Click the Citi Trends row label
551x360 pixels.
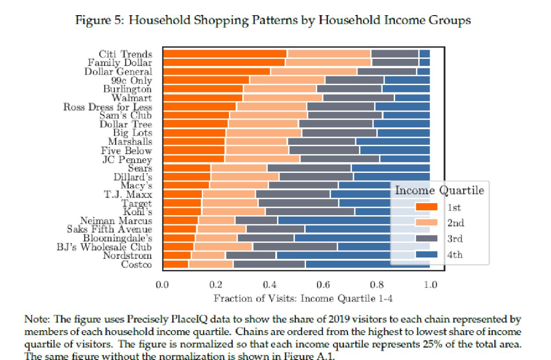(x=125, y=54)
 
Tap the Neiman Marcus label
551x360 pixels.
(x=116, y=221)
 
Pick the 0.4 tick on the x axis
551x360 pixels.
(x=269, y=285)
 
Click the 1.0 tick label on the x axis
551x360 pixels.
(x=430, y=285)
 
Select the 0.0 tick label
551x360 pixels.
(x=162, y=285)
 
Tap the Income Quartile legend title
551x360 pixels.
(x=439, y=190)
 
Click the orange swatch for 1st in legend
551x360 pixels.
(x=426, y=207)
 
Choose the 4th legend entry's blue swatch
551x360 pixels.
(x=426, y=254)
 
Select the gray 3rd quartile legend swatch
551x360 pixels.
(x=426, y=239)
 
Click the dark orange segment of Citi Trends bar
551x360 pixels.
(x=225, y=53)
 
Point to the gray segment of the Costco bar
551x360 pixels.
(x=269, y=264)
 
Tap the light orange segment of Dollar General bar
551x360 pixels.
(x=313, y=71)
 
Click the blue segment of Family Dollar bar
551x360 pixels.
(x=424, y=62)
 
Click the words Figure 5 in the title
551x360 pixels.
(x=97, y=20)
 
